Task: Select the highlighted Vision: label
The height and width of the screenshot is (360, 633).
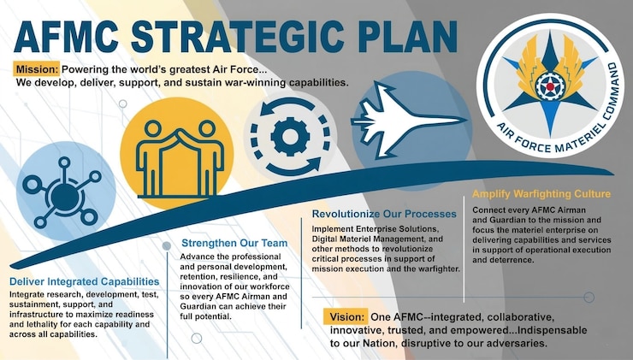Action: (x=347, y=315)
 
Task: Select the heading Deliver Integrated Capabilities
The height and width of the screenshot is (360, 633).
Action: (x=84, y=280)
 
